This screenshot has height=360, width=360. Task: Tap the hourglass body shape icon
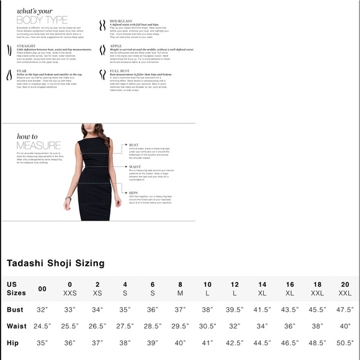[101, 26]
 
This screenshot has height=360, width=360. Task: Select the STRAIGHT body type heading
[27, 45]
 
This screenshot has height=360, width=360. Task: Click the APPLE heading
[116, 45]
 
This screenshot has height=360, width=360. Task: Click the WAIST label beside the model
[134, 166]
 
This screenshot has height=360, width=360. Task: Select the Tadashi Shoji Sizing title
[55, 263]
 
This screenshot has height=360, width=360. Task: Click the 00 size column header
[42, 289]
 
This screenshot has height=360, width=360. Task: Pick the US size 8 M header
[180, 289]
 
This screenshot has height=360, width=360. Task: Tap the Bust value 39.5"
[235, 309]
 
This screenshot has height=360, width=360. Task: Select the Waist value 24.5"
[42, 326]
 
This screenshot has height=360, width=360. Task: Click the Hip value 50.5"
[345, 342]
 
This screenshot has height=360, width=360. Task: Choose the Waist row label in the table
[17, 326]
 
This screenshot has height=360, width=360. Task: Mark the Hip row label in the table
[13, 342]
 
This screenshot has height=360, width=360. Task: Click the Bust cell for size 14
[263, 309]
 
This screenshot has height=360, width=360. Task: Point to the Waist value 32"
[235, 326]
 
